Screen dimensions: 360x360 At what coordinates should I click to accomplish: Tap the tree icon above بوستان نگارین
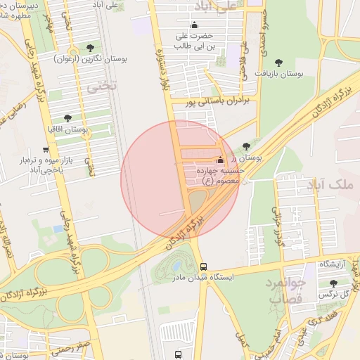click(x=89, y=49)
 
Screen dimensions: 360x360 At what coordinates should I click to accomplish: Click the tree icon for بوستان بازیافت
click(x=278, y=62)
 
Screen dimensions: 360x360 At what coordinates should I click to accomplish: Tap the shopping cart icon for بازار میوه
click(x=46, y=150)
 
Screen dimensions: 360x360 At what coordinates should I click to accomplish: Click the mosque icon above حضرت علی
click(x=195, y=26)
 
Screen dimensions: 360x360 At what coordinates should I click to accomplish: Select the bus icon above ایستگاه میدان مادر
click(x=203, y=267)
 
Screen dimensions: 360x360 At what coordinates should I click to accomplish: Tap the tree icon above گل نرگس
click(x=333, y=283)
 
